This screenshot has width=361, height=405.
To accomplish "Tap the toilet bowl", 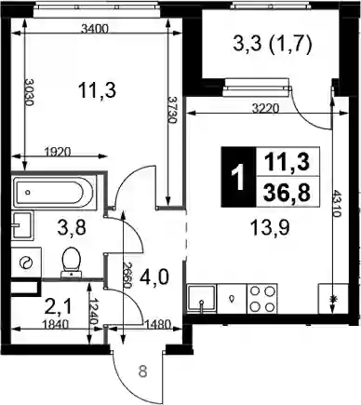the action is pos(71,262).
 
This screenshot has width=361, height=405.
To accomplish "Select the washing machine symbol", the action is pos(26,263).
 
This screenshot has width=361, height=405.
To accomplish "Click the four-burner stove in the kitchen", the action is pos(262,299).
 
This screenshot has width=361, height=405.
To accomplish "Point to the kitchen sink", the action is pos(202,299).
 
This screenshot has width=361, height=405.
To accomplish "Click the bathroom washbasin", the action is pos(21,225).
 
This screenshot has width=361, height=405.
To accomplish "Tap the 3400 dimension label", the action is pos(94,29).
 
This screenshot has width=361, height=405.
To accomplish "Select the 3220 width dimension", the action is pos(265,109).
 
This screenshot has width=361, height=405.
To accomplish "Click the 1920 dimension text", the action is pos(58,152).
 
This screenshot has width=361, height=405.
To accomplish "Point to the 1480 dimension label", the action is pos(158,325).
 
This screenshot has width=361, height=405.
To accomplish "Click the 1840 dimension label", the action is pos(55,325).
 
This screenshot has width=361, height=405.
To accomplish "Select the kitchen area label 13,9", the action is pos(270,229).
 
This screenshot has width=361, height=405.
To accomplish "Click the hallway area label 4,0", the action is pos(154,277).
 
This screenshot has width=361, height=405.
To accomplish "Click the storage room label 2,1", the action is pos(59,307).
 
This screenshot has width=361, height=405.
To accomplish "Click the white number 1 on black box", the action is pos(239,177).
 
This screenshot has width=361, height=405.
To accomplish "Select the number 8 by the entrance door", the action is pos(142,371).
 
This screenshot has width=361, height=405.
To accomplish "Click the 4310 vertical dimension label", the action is pos(338,204).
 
